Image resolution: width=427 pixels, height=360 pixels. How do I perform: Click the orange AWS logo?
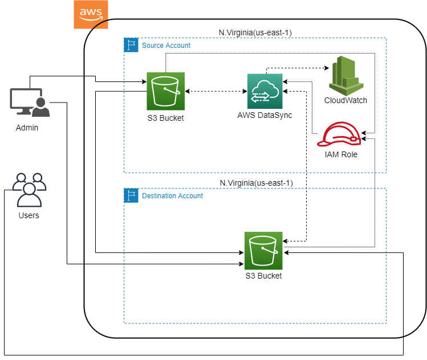click(x=91, y=14)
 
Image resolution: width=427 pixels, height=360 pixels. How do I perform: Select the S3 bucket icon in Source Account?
click(x=165, y=91)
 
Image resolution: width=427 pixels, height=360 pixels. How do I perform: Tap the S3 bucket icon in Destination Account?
click(x=263, y=251)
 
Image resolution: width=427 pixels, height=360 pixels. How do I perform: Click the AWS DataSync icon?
click(x=265, y=91)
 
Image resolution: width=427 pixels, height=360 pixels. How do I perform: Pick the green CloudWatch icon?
click(x=346, y=76)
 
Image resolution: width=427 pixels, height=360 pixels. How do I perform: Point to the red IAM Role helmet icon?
click(x=339, y=134)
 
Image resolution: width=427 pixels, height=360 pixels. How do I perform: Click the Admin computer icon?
click(x=30, y=103)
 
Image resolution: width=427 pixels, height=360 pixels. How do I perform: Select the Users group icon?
click(x=29, y=190)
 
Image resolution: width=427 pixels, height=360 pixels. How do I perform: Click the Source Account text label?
click(x=166, y=46)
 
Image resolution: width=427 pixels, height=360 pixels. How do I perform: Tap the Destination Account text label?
click(x=172, y=196)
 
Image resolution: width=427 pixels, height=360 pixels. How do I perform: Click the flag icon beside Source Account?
click(x=131, y=45)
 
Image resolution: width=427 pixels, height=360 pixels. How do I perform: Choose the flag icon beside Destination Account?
click(x=131, y=195)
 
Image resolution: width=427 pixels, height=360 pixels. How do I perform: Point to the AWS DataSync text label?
click(x=265, y=115)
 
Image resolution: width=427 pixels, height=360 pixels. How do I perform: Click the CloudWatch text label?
click(x=345, y=100)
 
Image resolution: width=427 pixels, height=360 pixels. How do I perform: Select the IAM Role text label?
click(x=341, y=154)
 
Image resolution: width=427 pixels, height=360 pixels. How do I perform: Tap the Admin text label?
click(x=27, y=128)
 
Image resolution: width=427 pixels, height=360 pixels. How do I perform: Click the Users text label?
click(x=29, y=215)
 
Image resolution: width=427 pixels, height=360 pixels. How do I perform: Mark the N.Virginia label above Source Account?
click(x=255, y=32)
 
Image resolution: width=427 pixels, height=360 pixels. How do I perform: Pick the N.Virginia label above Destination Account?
click(x=256, y=183)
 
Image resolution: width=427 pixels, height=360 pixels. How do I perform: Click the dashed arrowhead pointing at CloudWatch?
click(x=327, y=68)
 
